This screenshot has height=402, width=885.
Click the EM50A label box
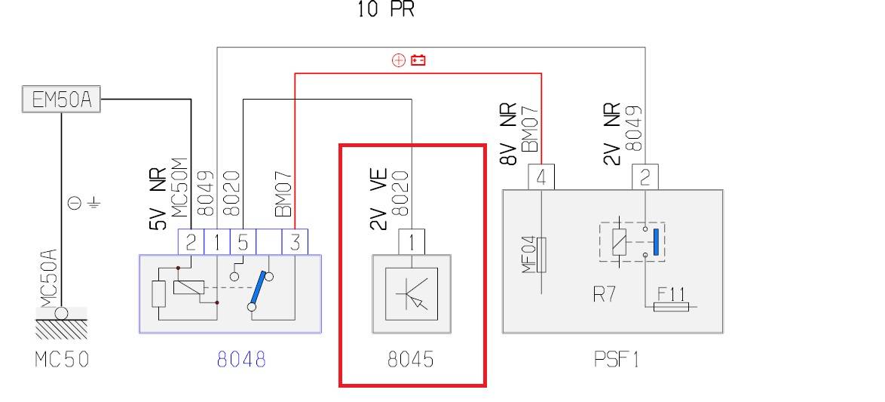click(x=60, y=100)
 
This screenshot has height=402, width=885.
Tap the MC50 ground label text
click(x=62, y=359)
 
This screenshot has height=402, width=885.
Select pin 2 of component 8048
click(x=191, y=242)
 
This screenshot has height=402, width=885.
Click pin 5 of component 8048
click(x=242, y=242)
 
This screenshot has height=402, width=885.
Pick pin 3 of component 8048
click(x=295, y=242)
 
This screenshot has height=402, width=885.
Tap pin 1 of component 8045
click(x=412, y=242)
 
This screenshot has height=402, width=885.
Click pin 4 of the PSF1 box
click(x=542, y=178)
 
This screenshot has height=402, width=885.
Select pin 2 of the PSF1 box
click(x=645, y=178)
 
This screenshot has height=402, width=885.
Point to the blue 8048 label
click(x=241, y=359)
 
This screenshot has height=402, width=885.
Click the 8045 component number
click(x=410, y=359)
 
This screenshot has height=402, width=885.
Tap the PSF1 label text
click(x=616, y=359)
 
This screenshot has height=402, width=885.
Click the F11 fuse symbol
click(x=669, y=307)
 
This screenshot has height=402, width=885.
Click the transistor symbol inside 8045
click(x=412, y=293)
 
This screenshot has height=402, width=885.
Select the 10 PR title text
click(x=385, y=10)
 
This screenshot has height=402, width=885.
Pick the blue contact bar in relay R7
click(x=657, y=241)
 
